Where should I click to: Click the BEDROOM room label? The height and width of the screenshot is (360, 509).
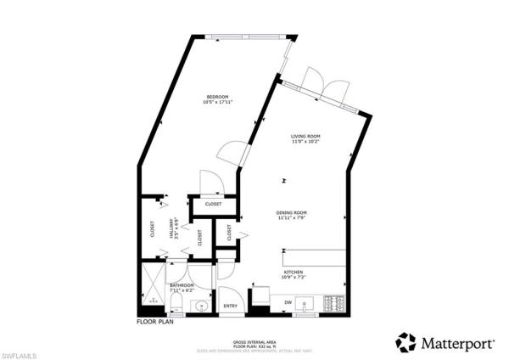coord(218,97)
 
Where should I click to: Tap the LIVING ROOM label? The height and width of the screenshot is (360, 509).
coord(305,136)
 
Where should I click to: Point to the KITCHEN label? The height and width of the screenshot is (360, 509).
coord(294,272)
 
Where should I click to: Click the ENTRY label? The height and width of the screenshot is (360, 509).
coord(230,306)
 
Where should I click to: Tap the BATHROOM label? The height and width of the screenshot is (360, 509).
coord(182,285)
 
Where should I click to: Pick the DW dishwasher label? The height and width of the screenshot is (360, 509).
coord(288,302)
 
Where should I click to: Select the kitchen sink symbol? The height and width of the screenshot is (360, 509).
coord(308,303)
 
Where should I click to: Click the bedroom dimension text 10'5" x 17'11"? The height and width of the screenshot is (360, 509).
coord(218,104)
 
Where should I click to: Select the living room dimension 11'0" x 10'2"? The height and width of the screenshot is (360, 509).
coord(305,143)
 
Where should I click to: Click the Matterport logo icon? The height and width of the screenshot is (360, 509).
coord(406,342)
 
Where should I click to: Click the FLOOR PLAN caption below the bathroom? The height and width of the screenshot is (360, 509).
coord(155,323)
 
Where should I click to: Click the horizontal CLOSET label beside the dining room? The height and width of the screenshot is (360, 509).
coord(213,204)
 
